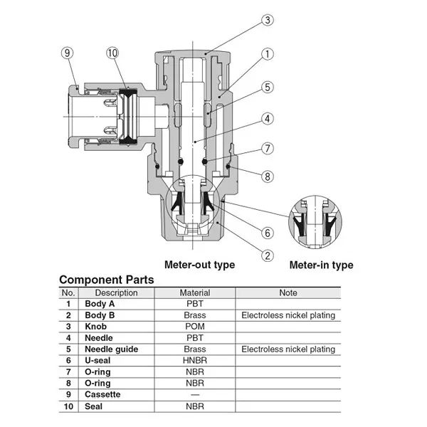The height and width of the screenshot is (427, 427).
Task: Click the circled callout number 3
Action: click(x=268, y=20)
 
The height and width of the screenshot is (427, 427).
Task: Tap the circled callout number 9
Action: click(x=68, y=53)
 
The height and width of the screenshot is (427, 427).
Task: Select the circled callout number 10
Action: click(x=112, y=53)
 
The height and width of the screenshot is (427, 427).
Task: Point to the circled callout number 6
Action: click(x=268, y=233)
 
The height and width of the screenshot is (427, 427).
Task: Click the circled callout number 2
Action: click(x=268, y=255)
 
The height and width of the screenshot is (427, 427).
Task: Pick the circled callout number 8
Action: click(x=268, y=176)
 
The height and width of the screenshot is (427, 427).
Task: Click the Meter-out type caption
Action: click(x=199, y=265)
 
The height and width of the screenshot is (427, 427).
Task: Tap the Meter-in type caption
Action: click(x=322, y=265)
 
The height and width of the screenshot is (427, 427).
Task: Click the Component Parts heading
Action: click(x=107, y=280)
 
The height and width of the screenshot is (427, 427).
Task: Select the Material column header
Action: click(x=195, y=292)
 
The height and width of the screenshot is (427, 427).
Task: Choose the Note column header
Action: click(x=288, y=292)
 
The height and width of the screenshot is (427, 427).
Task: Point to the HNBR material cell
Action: click(x=195, y=361)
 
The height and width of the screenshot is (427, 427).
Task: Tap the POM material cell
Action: click(x=195, y=327)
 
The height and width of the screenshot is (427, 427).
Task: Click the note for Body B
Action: click(x=288, y=315)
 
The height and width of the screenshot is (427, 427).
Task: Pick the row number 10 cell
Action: click(x=68, y=406)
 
